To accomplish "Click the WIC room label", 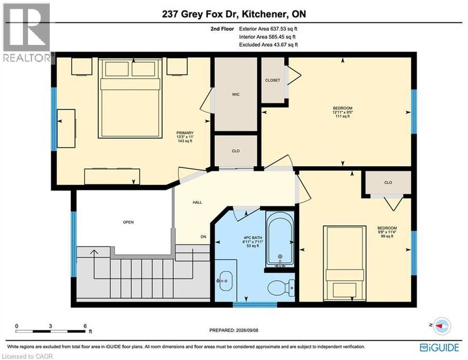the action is click(x=236, y=94).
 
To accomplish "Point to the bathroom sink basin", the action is click(x=225, y=281).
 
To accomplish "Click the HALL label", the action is click(x=197, y=202).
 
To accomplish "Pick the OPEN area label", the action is click(x=128, y=222).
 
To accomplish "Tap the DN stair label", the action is click(x=203, y=237).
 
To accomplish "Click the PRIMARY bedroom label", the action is click(x=185, y=133).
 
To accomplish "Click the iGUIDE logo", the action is click(x=439, y=348).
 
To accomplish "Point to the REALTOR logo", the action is click(x=27, y=32).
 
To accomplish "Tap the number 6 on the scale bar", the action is click(x=85, y=326).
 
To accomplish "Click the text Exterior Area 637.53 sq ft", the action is click(x=268, y=29).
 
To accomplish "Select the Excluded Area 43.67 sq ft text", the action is click(x=268, y=45).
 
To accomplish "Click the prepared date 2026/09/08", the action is click(x=246, y=330).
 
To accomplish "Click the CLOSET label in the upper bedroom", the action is click(x=272, y=80).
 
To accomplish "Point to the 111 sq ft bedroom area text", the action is click(x=343, y=117).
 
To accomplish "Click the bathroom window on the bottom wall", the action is click(x=255, y=305).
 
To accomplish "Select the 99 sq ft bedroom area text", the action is click(x=387, y=236).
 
